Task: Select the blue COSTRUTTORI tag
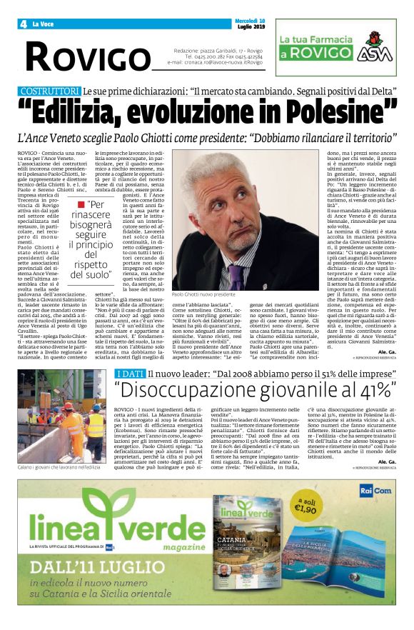(50, 92)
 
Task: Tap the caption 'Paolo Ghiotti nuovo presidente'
(203, 294)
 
